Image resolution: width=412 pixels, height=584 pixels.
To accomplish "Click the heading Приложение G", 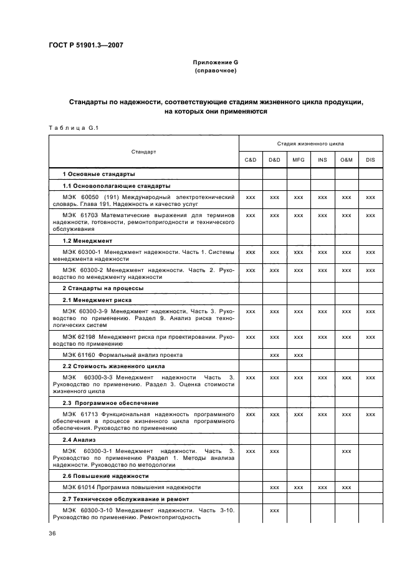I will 215,63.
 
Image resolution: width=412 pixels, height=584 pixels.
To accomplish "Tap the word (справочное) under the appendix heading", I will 215,71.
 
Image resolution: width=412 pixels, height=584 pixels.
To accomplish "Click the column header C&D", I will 251,160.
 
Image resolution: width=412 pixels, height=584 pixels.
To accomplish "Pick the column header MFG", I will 299,160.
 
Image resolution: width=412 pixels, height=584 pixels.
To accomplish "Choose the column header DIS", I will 371,160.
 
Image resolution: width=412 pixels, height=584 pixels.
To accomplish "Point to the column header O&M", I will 347,160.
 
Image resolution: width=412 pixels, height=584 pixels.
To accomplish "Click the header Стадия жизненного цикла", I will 310,144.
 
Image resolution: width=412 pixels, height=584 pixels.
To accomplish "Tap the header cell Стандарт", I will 143,152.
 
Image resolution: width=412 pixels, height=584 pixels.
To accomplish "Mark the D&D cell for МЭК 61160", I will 274,355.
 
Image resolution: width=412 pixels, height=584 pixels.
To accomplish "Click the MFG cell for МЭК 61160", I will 299,355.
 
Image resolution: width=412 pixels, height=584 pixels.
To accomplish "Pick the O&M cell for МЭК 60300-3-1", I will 347,450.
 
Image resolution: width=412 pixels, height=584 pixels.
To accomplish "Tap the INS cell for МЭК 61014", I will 322,487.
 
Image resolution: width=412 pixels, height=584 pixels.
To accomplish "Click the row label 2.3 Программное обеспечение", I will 111,403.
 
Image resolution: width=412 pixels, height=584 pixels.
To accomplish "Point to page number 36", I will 52,534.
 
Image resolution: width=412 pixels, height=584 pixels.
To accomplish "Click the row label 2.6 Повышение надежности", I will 103,475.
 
